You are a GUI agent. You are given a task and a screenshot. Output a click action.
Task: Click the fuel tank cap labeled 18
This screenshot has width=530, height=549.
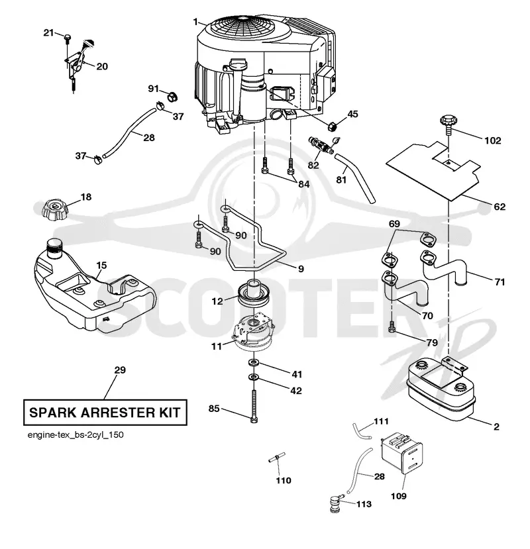coord(54,210)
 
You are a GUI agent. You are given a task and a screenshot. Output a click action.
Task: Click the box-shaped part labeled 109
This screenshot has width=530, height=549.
coord(401,453)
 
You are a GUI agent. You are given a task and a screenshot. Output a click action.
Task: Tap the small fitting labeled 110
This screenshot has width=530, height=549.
coord(277,458)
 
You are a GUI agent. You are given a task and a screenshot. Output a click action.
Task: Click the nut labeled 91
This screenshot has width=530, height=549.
coord(172,96)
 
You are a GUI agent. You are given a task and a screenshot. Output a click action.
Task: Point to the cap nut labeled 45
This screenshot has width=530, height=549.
coord(332,125)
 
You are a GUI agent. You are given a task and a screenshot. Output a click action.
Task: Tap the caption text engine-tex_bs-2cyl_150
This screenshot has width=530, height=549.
coord(76,435)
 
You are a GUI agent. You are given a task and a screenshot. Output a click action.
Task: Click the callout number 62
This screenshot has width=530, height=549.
coord(500,207)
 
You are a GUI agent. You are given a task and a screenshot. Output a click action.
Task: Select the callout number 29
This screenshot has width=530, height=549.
coord(120,370)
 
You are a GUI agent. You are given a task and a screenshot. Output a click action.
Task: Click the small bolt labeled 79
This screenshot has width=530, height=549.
coord(392,326)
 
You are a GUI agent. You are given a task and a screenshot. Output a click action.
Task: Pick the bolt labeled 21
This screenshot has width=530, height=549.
coord(68,38)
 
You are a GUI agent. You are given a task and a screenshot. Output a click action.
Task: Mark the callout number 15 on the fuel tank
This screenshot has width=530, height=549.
coord(101,266)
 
